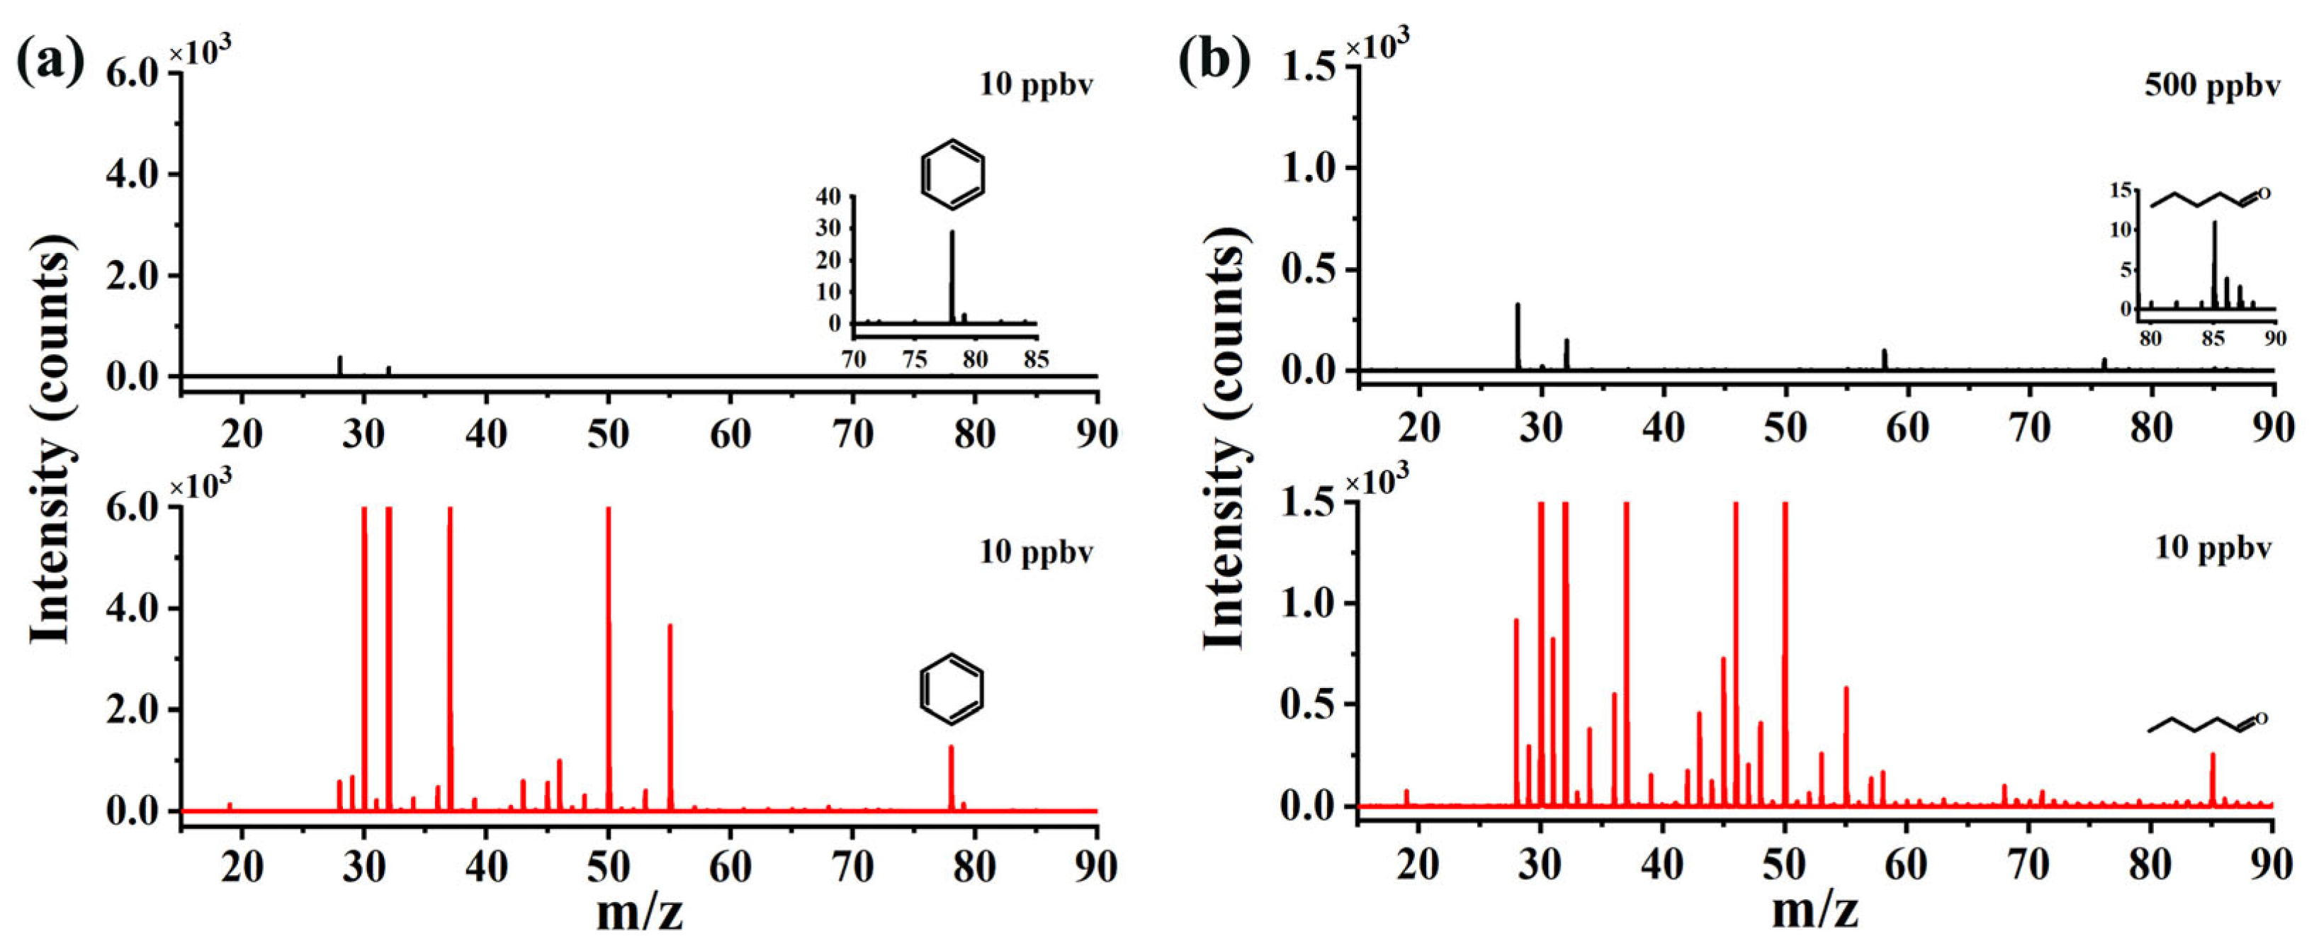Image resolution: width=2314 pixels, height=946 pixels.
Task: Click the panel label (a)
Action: [50, 63]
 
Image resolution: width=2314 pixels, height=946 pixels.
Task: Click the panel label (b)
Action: [1214, 63]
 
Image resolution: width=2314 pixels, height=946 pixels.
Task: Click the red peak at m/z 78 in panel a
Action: [950, 778]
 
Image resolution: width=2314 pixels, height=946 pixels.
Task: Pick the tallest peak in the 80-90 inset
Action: [2214, 265]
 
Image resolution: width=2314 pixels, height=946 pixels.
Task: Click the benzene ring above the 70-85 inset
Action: [953, 174]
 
